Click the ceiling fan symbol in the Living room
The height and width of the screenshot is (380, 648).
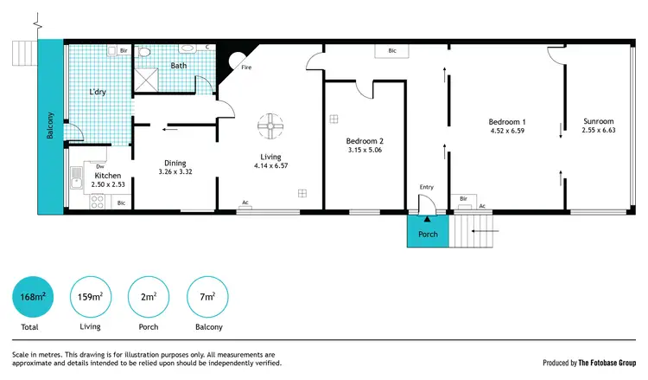(x=270, y=126)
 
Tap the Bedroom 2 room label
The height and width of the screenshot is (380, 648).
(x=364, y=141)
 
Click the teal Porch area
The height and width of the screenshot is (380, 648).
(x=428, y=233)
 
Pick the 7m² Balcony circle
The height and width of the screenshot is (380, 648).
(x=208, y=297)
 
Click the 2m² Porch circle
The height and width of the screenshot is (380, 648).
(x=149, y=297)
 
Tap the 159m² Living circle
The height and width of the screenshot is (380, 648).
(x=90, y=297)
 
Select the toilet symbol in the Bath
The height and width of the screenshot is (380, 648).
(x=145, y=53)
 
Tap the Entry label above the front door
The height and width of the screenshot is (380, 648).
(x=426, y=187)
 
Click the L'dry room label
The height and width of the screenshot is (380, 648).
(x=98, y=91)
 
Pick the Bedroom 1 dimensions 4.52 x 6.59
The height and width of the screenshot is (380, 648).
(x=507, y=131)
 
